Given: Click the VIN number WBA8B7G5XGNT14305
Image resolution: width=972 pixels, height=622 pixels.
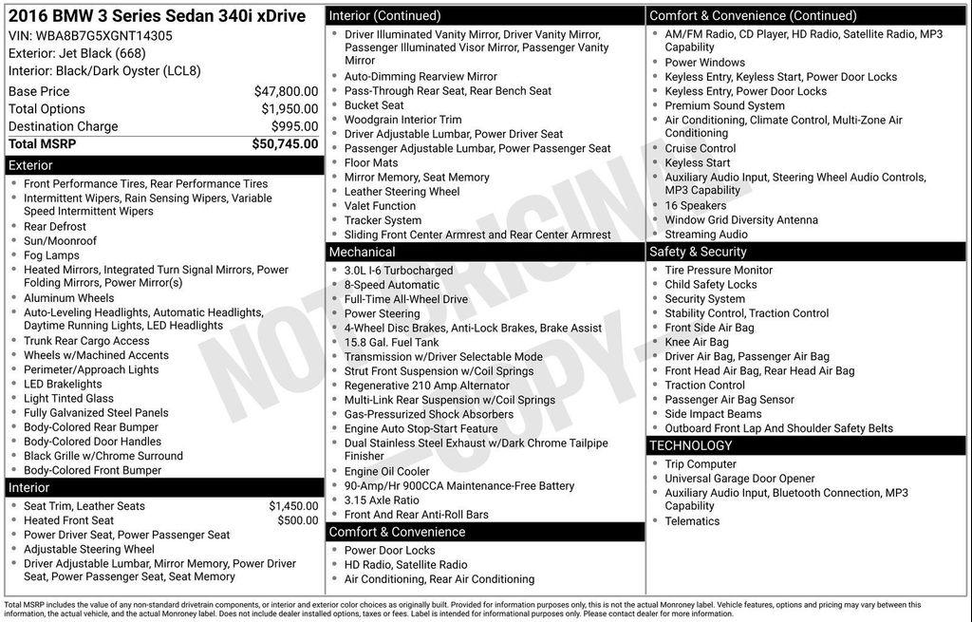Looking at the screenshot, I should [x=104, y=35].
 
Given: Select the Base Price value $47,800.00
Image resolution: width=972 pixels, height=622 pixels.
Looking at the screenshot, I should [x=286, y=91].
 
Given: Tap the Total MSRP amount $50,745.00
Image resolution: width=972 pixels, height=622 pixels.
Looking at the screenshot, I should [x=285, y=144].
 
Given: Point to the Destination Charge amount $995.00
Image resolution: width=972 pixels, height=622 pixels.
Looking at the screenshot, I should [x=294, y=126].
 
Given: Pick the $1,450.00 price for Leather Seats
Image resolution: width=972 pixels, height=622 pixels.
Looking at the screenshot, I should [x=293, y=506].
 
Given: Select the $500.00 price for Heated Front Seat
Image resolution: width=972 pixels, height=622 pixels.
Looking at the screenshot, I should [x=298, y=520].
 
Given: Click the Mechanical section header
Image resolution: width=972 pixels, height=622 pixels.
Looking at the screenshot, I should [x=362, y=252].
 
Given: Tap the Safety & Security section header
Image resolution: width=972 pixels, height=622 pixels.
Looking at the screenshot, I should [x=698, y=252].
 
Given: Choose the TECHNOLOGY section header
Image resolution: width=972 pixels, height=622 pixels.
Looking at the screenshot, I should [x=691, y=445].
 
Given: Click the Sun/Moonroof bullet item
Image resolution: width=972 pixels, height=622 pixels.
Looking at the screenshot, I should [x=60, y=241].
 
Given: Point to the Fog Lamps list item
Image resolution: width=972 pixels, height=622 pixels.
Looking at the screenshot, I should [x=51, y=255].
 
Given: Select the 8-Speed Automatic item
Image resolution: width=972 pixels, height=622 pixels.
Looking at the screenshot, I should [x=391, y=285].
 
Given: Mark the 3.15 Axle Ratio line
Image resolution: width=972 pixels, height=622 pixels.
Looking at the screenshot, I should [x=381, y=500].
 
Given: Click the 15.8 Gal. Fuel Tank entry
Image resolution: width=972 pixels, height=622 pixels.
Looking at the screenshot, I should [x=391, y=342].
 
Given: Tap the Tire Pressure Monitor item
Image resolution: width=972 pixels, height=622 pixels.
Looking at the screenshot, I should [x=719, y=270].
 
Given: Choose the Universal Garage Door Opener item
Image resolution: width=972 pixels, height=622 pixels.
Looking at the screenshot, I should [x=739, y=479].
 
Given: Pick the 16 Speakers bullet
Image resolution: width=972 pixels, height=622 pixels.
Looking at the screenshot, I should [x=695, y=205].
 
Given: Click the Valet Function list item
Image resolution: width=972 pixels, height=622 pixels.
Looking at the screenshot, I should [x=380, y=205].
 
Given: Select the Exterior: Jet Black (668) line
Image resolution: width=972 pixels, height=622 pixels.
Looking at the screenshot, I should [x=77, y=53].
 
